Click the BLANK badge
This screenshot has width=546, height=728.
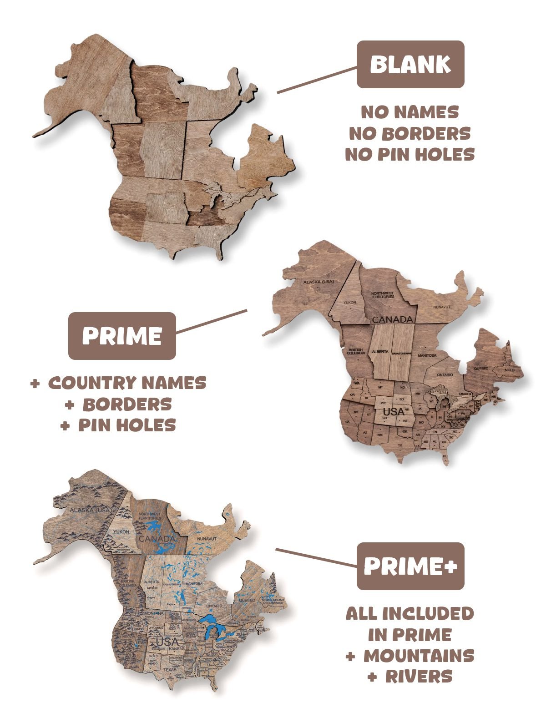tap(410, 64)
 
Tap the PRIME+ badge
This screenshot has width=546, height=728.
tap(410, 566)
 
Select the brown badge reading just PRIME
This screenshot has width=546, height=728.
tap(122, 336)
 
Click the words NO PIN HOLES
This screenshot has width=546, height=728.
tap(409, 155)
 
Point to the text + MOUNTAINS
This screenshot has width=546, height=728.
tap(410, 656)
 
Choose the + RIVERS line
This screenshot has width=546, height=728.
tap(410, 677)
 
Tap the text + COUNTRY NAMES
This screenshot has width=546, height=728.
tap(118, 383)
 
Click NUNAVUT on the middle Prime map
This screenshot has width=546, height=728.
tap(441, 307)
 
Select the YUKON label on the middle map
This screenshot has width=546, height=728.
tap(350, 302)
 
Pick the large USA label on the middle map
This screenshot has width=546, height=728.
tap(394, 412)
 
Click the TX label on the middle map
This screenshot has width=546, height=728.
tap(400, 445)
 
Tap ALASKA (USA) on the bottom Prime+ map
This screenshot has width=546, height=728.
tap(90, 510)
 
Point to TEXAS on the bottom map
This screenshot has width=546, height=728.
tap(170, 669)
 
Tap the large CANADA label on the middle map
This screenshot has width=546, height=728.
tap(392, 319)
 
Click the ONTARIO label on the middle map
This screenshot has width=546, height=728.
tap(445, 374)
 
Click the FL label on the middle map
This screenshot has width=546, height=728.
tap(445, 455)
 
